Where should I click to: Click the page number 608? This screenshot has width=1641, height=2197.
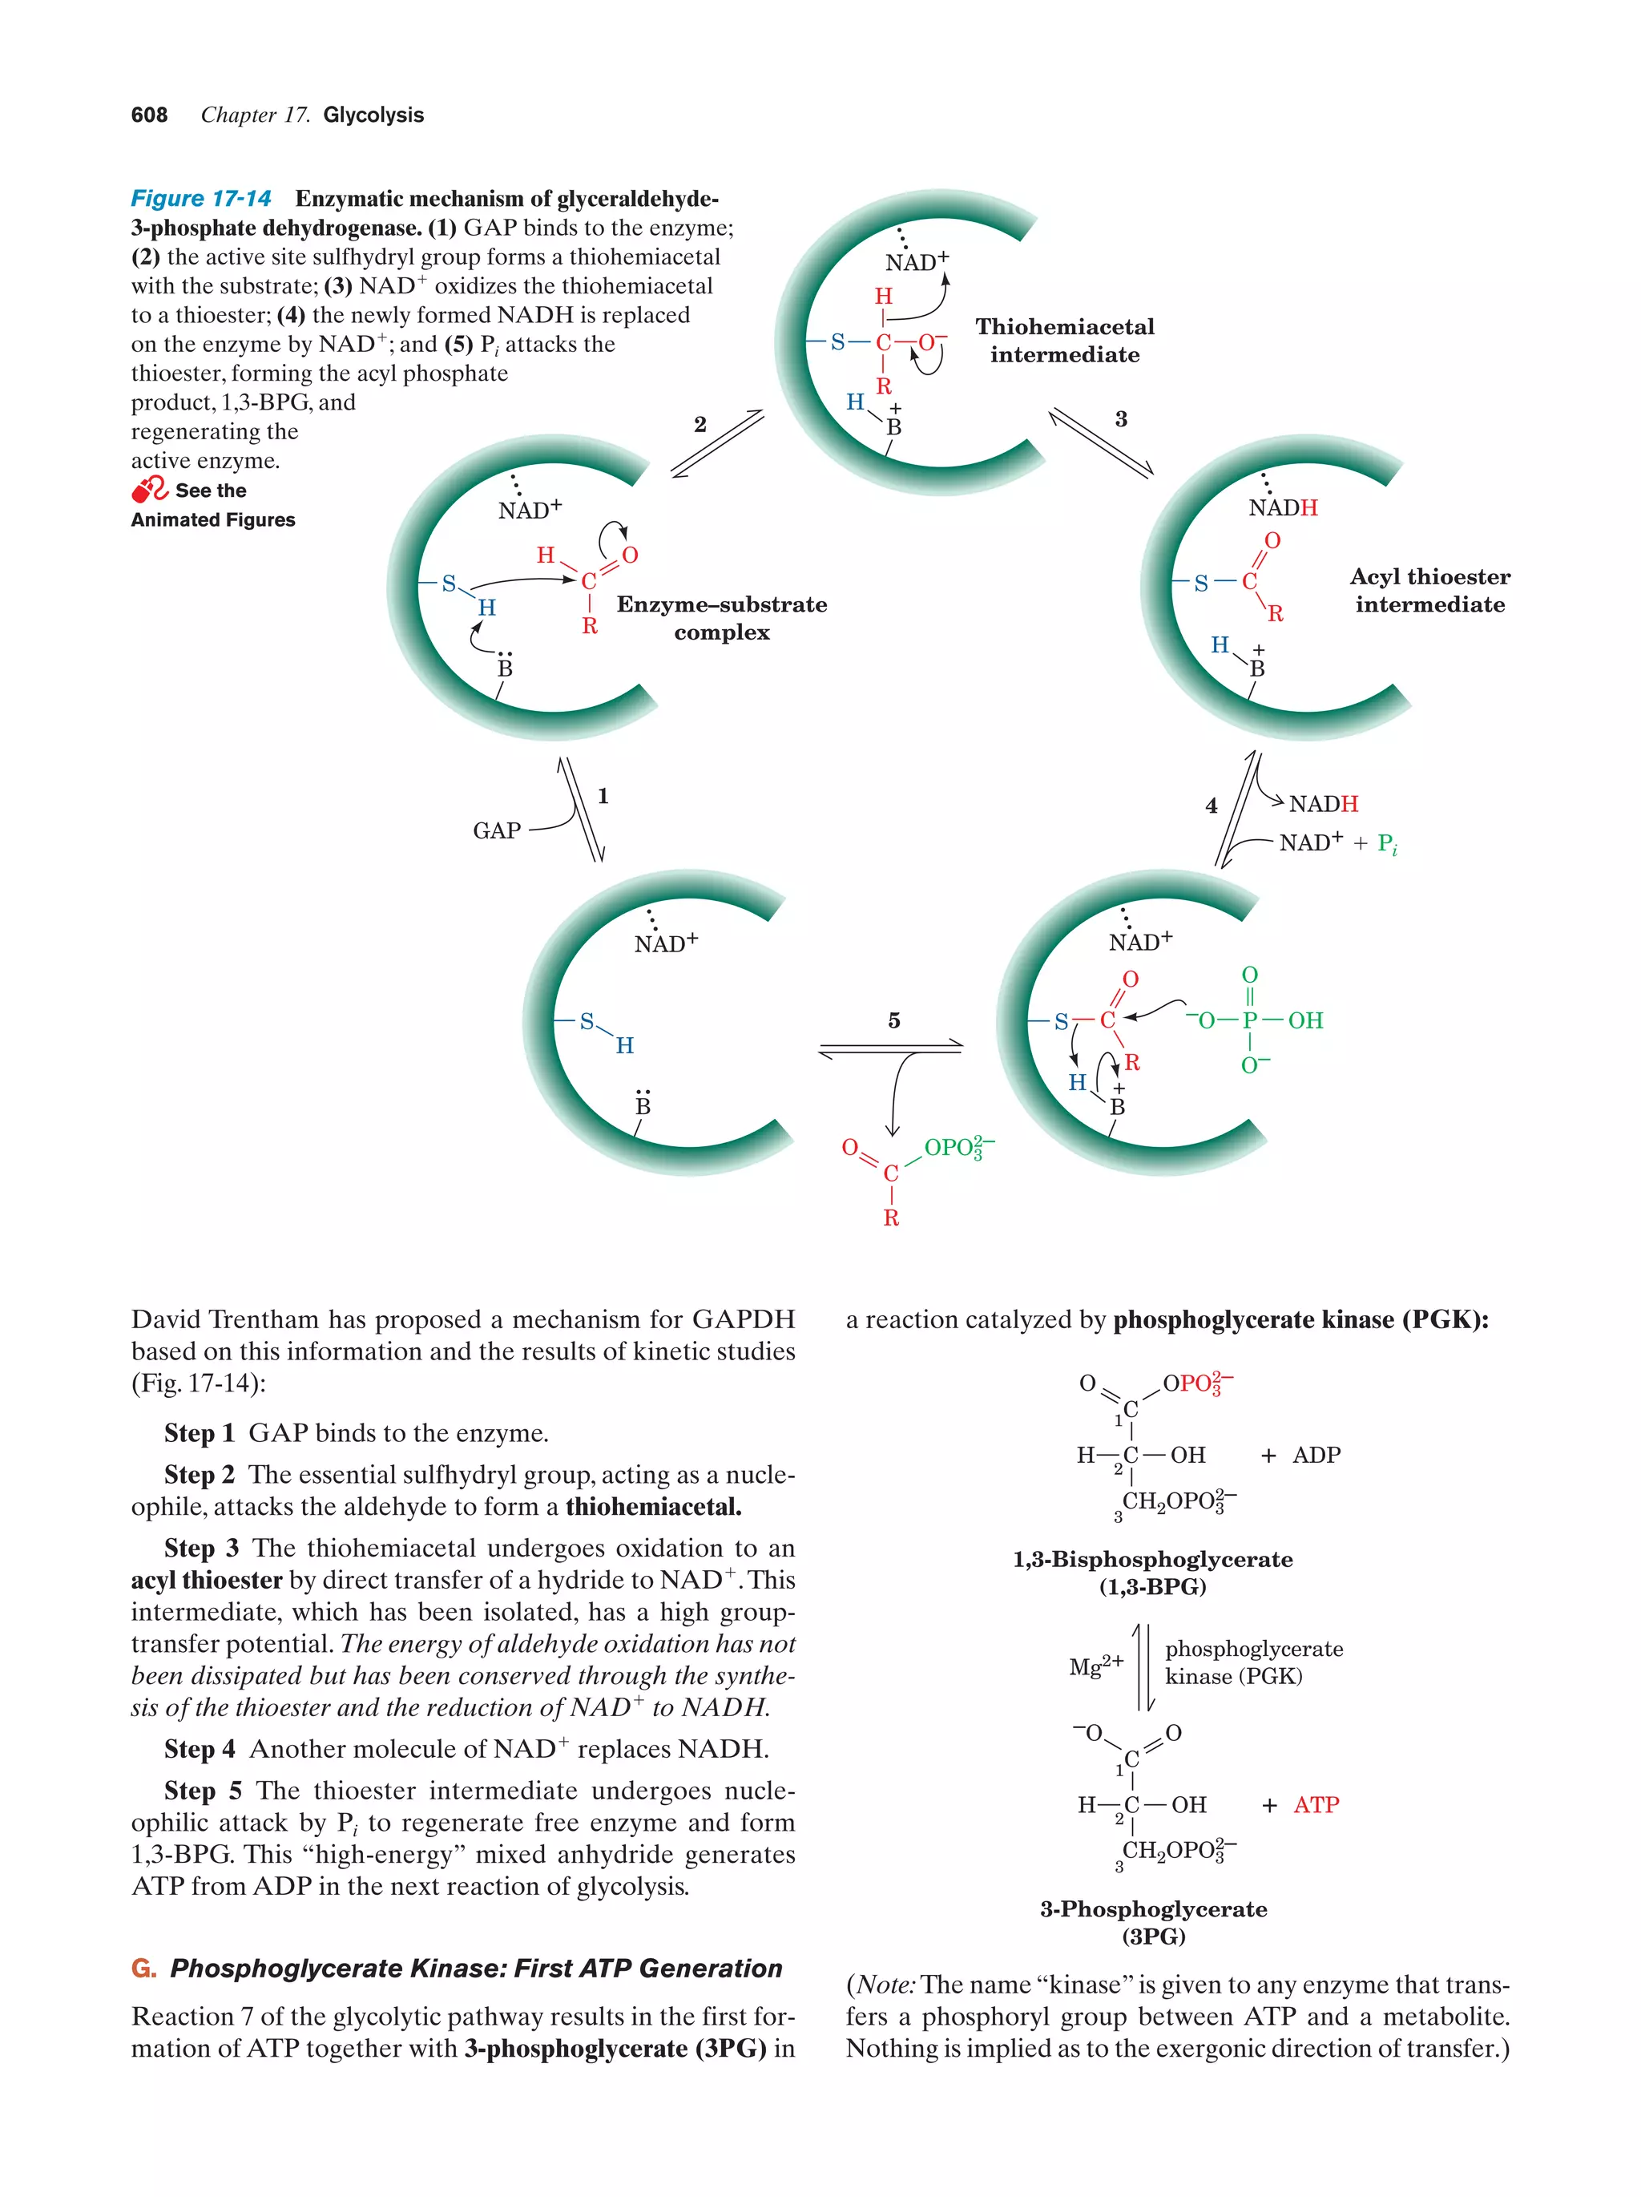pyautogui.click(x=149, y=115)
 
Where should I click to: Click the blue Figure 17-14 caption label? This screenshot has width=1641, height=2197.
pyautogui.click(x=200, y=199)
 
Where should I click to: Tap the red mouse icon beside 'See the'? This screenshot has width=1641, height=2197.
pyautogui.click(x=150, y=490)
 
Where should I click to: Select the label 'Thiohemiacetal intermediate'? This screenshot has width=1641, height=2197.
pyautogui.click(x=1063, y=341)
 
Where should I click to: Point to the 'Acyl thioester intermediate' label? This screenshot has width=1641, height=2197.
pyautogui.click(x=1429, y=590)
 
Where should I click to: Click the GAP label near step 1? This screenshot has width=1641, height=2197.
pyautogui.click(x=496, y=830)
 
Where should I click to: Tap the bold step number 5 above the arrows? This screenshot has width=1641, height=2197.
pyautogui.click(x=893, y=1021)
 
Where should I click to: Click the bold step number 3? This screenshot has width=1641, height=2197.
pyautogui.click(x=1121, y=419)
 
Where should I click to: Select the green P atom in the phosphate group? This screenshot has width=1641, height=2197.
pyautogui.click(x=1249, y=1020)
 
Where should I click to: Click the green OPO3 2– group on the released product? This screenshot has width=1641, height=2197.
pyautogui.click(x=958, y=1148)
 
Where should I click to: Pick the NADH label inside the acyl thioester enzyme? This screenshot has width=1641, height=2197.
pyautogui.click(x=1283, y=507)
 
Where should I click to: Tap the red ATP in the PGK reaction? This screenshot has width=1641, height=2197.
pyautogui.click(x=1316, y=1805)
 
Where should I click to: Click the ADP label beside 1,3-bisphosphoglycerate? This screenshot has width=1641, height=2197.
pyautogui.click(x=1316, y=1455)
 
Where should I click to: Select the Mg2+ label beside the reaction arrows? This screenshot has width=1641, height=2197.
pyautogui.click(x=1095, y=1666)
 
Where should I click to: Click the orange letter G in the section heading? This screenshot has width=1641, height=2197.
pyautogui.click(x=143, y=1969)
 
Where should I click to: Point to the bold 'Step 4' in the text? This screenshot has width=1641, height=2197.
pyautogui.click(x=200, y=1749)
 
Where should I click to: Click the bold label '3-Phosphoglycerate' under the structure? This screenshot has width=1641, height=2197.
pyautogui.click(x=1152, y=1909)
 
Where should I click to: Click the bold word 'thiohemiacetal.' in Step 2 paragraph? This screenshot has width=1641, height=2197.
pyautogui.click(x=652, y=1507)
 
